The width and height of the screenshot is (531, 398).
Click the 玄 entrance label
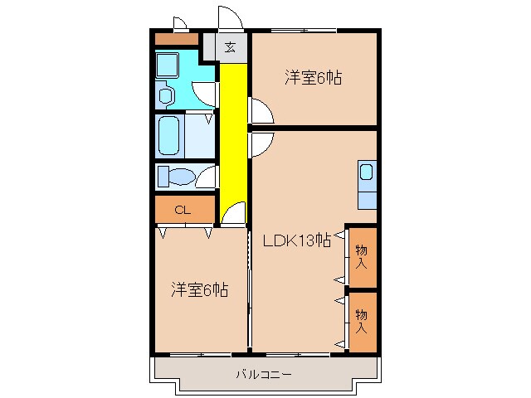pyautogui.click(x=230, y=46)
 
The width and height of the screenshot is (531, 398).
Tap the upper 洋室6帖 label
pyautogui.click(x=314, y=78)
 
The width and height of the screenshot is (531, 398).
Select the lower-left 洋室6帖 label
pyautogui.click(x=200, y=289)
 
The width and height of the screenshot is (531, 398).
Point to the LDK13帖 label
pyautogui.click(x=296, y=241)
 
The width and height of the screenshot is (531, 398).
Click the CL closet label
pyautogui.click(x=183, y=211)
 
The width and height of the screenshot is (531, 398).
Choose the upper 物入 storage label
pyautogui.click(x=362, y=256)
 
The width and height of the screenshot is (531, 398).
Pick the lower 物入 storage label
pyautogui.click(x=362, y=320)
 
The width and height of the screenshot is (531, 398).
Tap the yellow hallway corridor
pyautogui.click(x=234, y=141)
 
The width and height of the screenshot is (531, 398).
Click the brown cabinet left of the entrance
pyautogui.click(x=177, y=38)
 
